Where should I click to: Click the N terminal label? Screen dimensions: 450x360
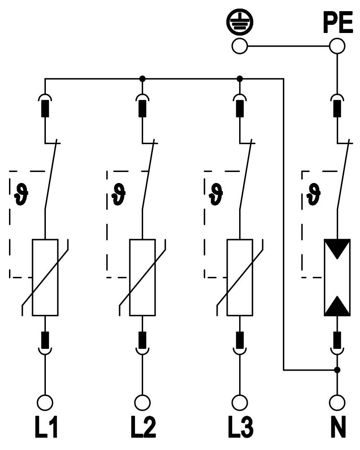tap(337, 426)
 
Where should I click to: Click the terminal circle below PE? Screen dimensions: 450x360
tap(337, 46)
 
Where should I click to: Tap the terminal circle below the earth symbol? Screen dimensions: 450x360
tap(240, 46)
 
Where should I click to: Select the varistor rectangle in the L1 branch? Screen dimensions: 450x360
tap(45, 277)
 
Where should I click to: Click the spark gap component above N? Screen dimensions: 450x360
tap(337, 277)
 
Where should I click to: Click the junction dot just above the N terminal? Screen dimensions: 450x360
tap(337, 369)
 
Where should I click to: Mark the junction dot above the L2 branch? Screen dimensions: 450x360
tap(142, 79)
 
